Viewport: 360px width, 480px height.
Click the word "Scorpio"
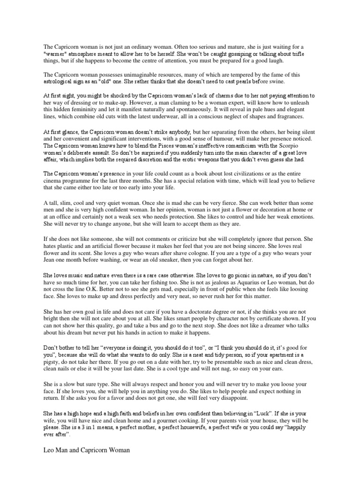(303, 146)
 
